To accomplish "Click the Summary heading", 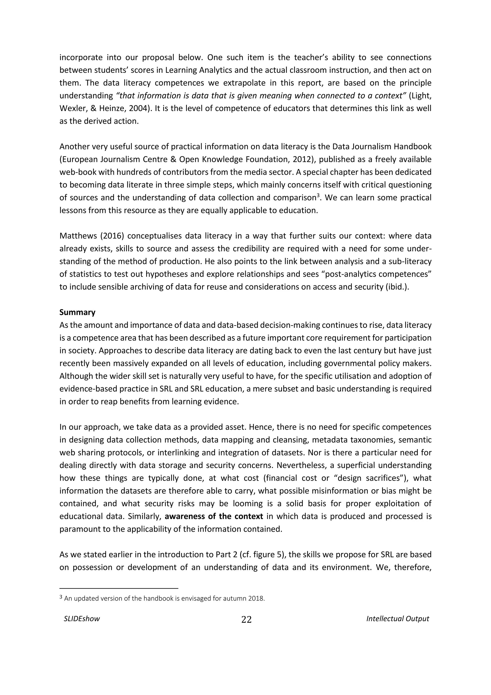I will click(x=77, y=312).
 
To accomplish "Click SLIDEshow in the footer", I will click(x=82, y=618).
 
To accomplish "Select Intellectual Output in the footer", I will click(x=397, y=618).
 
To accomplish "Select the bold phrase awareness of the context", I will click(x=214, y=516).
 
